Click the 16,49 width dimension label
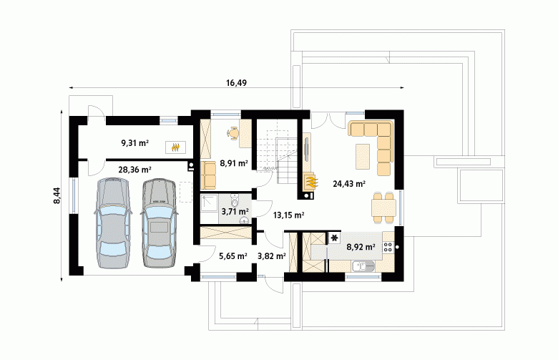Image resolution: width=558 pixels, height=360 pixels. click(236, 83)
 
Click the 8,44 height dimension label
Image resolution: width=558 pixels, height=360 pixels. click(57, 195)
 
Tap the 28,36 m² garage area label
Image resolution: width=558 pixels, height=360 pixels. click(135, 170)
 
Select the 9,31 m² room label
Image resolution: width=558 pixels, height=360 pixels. click(135, 143)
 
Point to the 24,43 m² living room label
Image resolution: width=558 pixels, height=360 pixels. click(349, 184)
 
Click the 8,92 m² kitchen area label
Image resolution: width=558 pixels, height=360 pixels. click(361, 247)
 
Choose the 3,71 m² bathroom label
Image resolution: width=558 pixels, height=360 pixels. click(235, 212)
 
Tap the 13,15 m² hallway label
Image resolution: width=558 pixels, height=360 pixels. click(288, 215)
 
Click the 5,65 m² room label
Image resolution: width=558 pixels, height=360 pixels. click(233, 256)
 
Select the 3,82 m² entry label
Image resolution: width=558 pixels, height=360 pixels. click(272, 256)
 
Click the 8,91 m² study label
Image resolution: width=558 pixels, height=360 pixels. click(234, 163)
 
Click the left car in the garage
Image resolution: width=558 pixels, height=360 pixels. click(112, 223)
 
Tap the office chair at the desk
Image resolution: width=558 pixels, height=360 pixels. click(233, 133)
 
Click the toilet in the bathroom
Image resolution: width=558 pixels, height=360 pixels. click(235, 200)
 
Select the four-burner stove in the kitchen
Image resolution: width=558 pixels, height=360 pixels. click(388, 247)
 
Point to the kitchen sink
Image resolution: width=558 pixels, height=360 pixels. click(363, 266)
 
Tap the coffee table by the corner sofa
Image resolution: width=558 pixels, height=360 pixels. click(363, 156)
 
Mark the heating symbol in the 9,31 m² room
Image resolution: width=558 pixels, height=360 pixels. click(175, 147)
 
